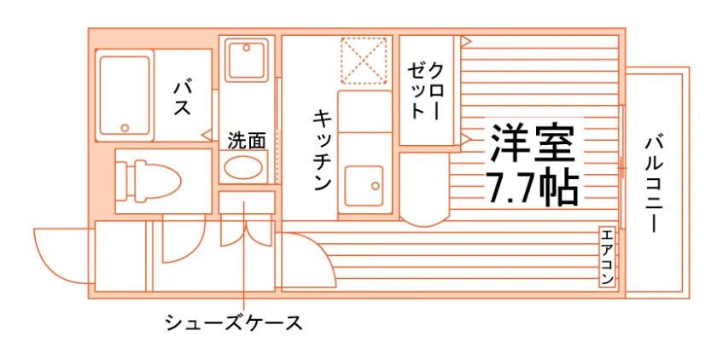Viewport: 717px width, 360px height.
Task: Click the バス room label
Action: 182,97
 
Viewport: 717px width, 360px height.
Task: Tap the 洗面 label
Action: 247,141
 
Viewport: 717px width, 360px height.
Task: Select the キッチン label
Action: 322,149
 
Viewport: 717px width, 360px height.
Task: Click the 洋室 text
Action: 533,142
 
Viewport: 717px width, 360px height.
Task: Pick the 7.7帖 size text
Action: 533,189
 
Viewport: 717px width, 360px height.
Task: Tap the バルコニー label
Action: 654,183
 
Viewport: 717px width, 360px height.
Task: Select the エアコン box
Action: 607,257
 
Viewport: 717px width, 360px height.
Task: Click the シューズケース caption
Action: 234,323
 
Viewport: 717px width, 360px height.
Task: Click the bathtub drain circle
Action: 125,128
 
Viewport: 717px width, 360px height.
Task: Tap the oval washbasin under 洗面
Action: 243,167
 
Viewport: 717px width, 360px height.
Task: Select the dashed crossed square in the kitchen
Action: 364,61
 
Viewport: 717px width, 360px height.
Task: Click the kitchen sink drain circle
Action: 376,186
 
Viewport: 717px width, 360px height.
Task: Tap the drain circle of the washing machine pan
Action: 247,48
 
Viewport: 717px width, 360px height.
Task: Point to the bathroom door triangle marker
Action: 207,135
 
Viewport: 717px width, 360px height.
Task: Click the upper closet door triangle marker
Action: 465,41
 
